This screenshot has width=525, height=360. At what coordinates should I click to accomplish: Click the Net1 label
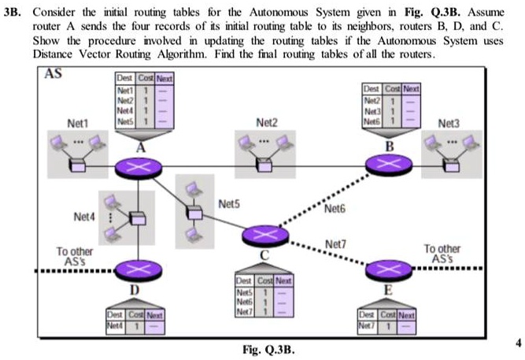tap(78, 124)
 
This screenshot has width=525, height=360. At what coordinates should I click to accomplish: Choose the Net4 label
tap(85, 215)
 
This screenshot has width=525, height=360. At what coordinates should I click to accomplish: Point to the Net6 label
tap(335, 210)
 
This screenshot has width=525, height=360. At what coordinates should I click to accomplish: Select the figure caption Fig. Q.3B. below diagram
tap(271, 347)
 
